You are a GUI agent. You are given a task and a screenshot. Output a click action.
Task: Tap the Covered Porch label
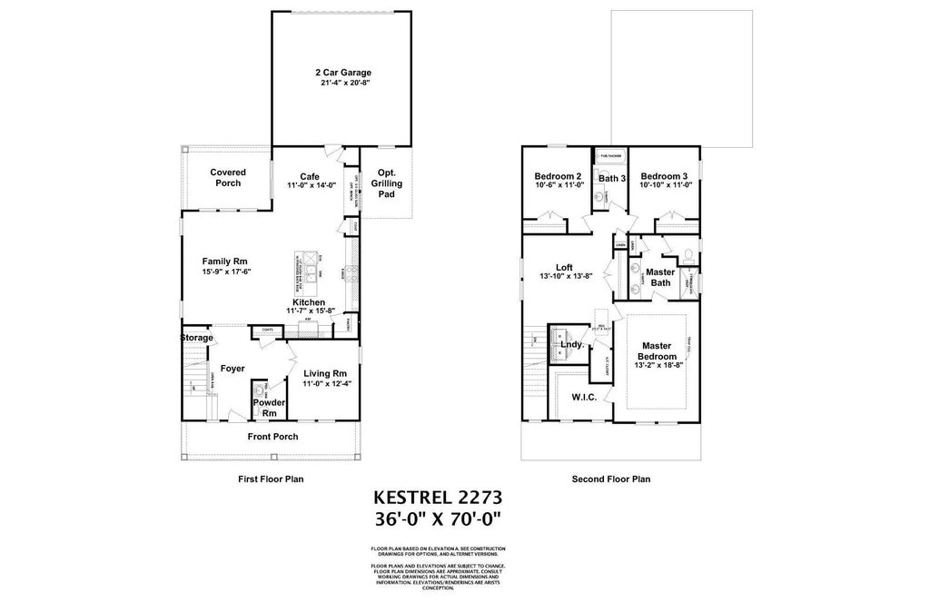(x=226, y=177)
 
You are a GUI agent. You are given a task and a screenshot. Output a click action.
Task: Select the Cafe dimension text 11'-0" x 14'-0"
(x=312, y=186)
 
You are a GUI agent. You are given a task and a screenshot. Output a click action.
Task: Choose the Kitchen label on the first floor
(x=309, y=301)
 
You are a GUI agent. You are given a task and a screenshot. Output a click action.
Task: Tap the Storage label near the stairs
(x=196, y=338)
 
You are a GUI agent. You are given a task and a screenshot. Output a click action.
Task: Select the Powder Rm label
(x=270, y=408)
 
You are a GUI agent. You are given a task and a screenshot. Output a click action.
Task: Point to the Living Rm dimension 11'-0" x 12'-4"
(x=325, y=384)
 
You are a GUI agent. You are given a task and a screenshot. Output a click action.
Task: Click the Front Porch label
(x=273, y=437)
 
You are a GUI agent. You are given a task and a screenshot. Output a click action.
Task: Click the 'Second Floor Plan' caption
(x=610, y=479)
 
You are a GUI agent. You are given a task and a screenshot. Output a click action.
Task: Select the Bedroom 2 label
(x=558, y=176)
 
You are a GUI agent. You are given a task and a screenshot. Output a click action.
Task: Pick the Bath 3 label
(x=611, y=178)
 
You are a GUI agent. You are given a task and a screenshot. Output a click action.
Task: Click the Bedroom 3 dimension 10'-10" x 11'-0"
(x=666, y=185)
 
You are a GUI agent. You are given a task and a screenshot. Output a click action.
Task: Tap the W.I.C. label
(x=583, y=397)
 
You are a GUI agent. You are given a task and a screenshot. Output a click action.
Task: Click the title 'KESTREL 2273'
(x=438, y=498)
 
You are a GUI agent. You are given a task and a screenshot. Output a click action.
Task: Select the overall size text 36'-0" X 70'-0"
(x=438, y=519)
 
